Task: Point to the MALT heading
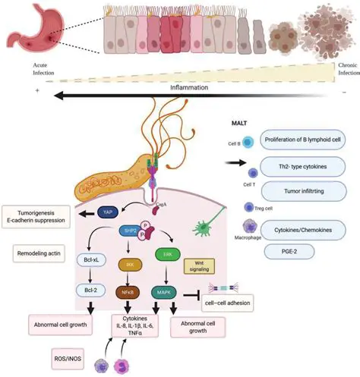click(x=241, y=121)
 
